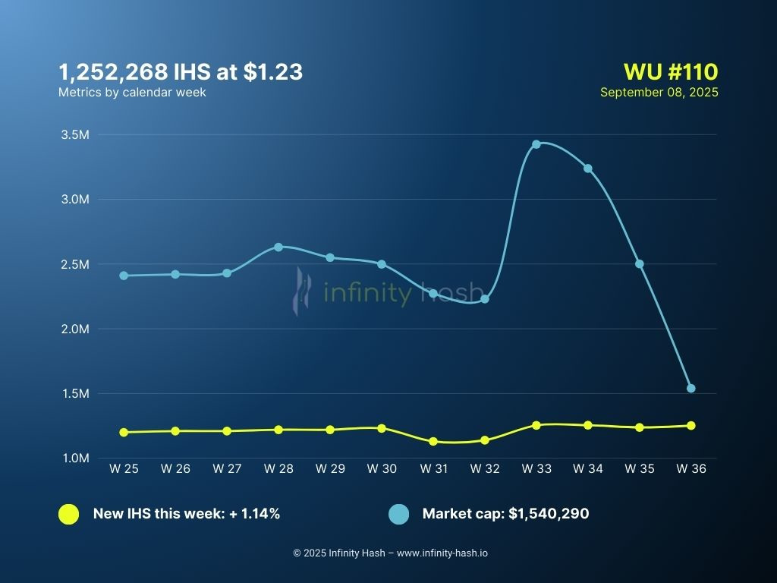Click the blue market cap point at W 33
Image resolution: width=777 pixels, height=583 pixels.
pyautogui.click(x=536, y=144)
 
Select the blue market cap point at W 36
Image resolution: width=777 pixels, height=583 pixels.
pyautogui.click(x=690, y=388)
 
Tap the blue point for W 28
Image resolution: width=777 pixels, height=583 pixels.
pyautogui.click(x=278, y=247)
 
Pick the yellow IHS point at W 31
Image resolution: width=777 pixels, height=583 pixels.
pyautogui.click(x=433, y=441)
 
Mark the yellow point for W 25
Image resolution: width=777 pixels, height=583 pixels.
pyautogui.click(x=124, y=432)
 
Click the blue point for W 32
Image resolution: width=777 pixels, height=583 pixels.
pyautogui.click(x=485, y=299)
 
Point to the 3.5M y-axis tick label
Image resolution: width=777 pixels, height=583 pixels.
pyautogui.click(x=75, y=135)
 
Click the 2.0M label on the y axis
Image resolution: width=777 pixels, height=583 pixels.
pyautogui.click(x=75, y=329)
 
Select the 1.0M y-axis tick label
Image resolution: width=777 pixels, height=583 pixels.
pyautogui.click(x=75, y=459)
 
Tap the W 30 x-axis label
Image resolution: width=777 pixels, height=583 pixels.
pyautogui.click(x=381, y=469)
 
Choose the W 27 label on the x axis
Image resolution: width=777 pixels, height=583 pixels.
pyautogui.click(x=227, y=469)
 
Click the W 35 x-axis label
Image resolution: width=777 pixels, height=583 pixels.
pyautogui.click(x=639, y=469)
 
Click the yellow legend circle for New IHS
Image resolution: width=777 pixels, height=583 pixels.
pyautogui.click(x=68, y=514)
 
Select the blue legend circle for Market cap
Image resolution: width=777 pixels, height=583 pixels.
pyautogui.click(x=398, y=514)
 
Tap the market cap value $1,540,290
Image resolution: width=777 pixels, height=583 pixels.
pyautogui.click(x=549, y=514)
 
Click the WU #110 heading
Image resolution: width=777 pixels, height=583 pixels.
pyautogui.click(x=670, y=72)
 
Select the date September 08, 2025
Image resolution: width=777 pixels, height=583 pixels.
pyautogui.click(x=659, y=92)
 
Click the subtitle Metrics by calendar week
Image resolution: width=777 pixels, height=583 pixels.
pyautogui.click(x=132, y=92)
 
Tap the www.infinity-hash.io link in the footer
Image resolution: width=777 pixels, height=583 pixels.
pyautogui.click(x=442, y=553)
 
